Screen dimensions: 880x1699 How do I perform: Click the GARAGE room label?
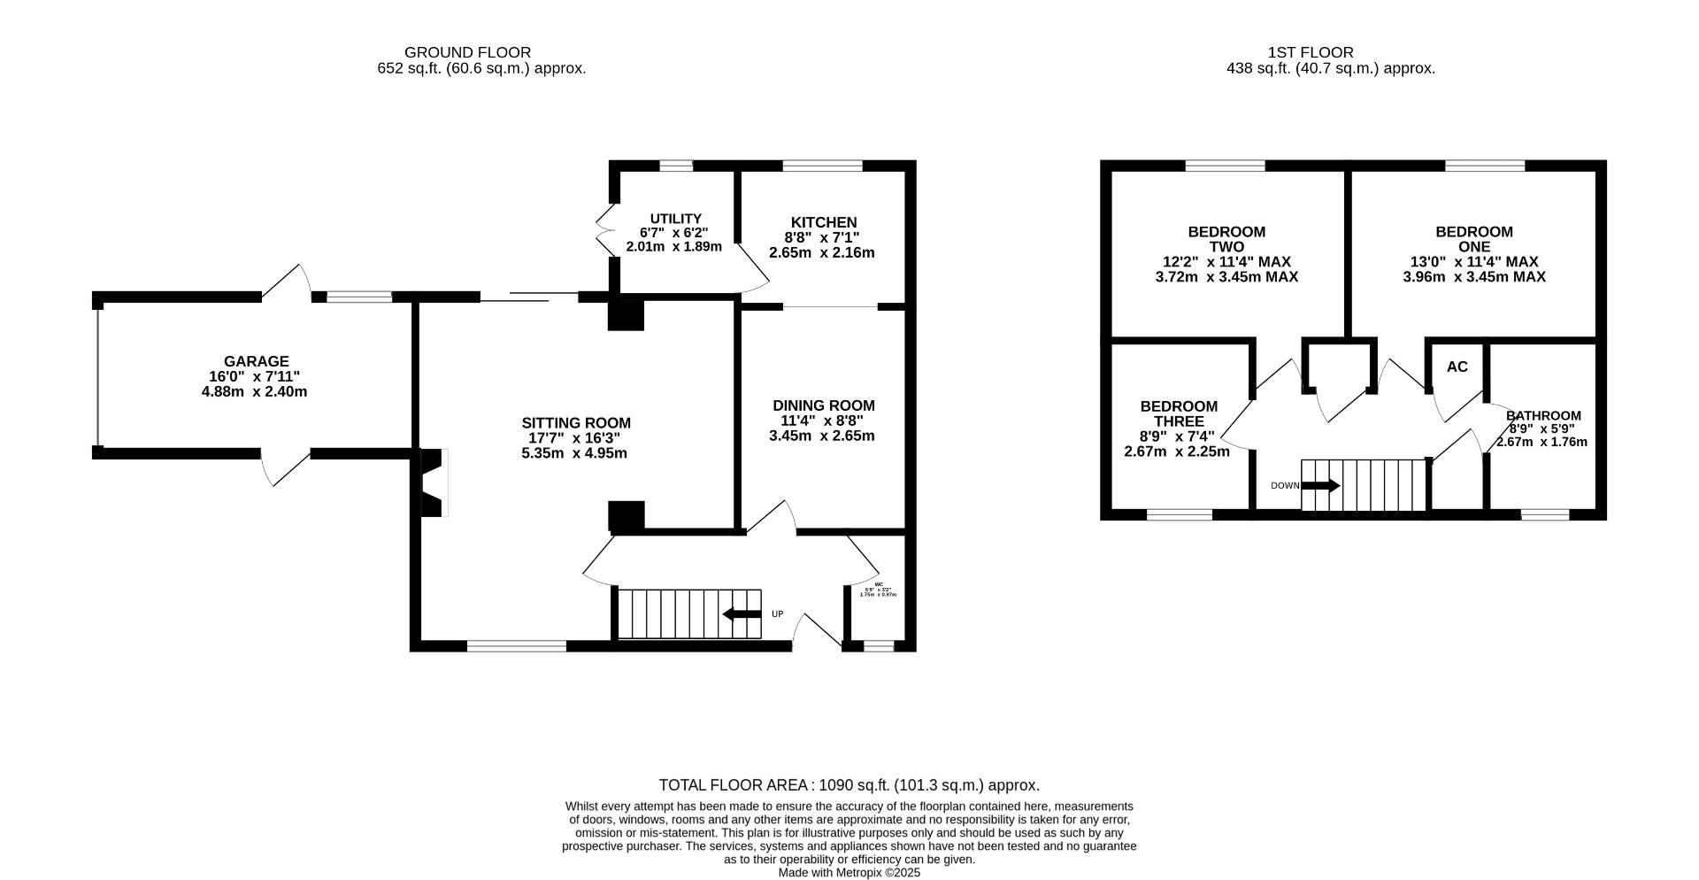coord(256,361)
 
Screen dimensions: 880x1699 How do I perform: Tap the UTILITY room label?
coord(675,219)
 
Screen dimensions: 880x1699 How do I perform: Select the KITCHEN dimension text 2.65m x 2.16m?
coord(821,252)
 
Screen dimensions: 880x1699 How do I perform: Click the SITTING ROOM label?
coord(575,423)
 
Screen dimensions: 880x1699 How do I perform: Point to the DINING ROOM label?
coord(823,405)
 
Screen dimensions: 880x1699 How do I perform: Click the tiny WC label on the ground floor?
coord(879,584)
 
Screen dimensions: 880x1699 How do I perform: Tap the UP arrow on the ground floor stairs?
coord(742,614)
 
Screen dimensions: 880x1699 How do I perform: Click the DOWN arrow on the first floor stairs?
coord(1320,485)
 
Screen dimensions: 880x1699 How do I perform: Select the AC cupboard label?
coord(1457,367)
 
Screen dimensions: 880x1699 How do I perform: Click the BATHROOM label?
coord(1543,415)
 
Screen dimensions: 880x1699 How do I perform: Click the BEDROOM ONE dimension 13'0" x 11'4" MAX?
coord(1474,262)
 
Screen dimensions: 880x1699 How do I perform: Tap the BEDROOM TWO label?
coord(1226,239)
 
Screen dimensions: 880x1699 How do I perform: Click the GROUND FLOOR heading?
coord(467,52)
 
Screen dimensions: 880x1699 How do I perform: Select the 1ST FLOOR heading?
coord(1310,52)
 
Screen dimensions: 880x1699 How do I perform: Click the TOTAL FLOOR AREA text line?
coord(849,785)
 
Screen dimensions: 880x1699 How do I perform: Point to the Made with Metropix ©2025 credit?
coord(849,872)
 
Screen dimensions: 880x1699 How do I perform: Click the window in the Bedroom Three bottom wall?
coord(1179,514)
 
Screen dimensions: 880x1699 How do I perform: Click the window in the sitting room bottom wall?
coord(516,646)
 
